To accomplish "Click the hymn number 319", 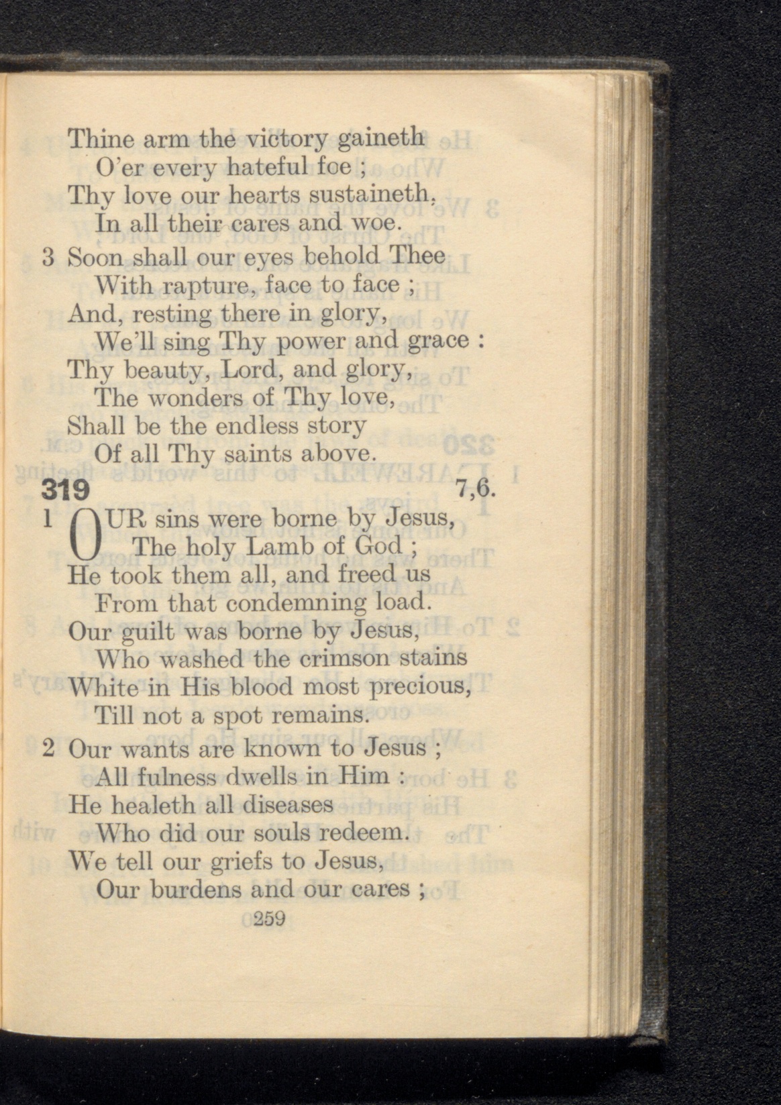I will click(x=65, y=490).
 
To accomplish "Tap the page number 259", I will click(x=270, y=918).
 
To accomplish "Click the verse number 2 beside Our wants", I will click(x=48, y=747).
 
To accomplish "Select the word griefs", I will click(x=238, y=861).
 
